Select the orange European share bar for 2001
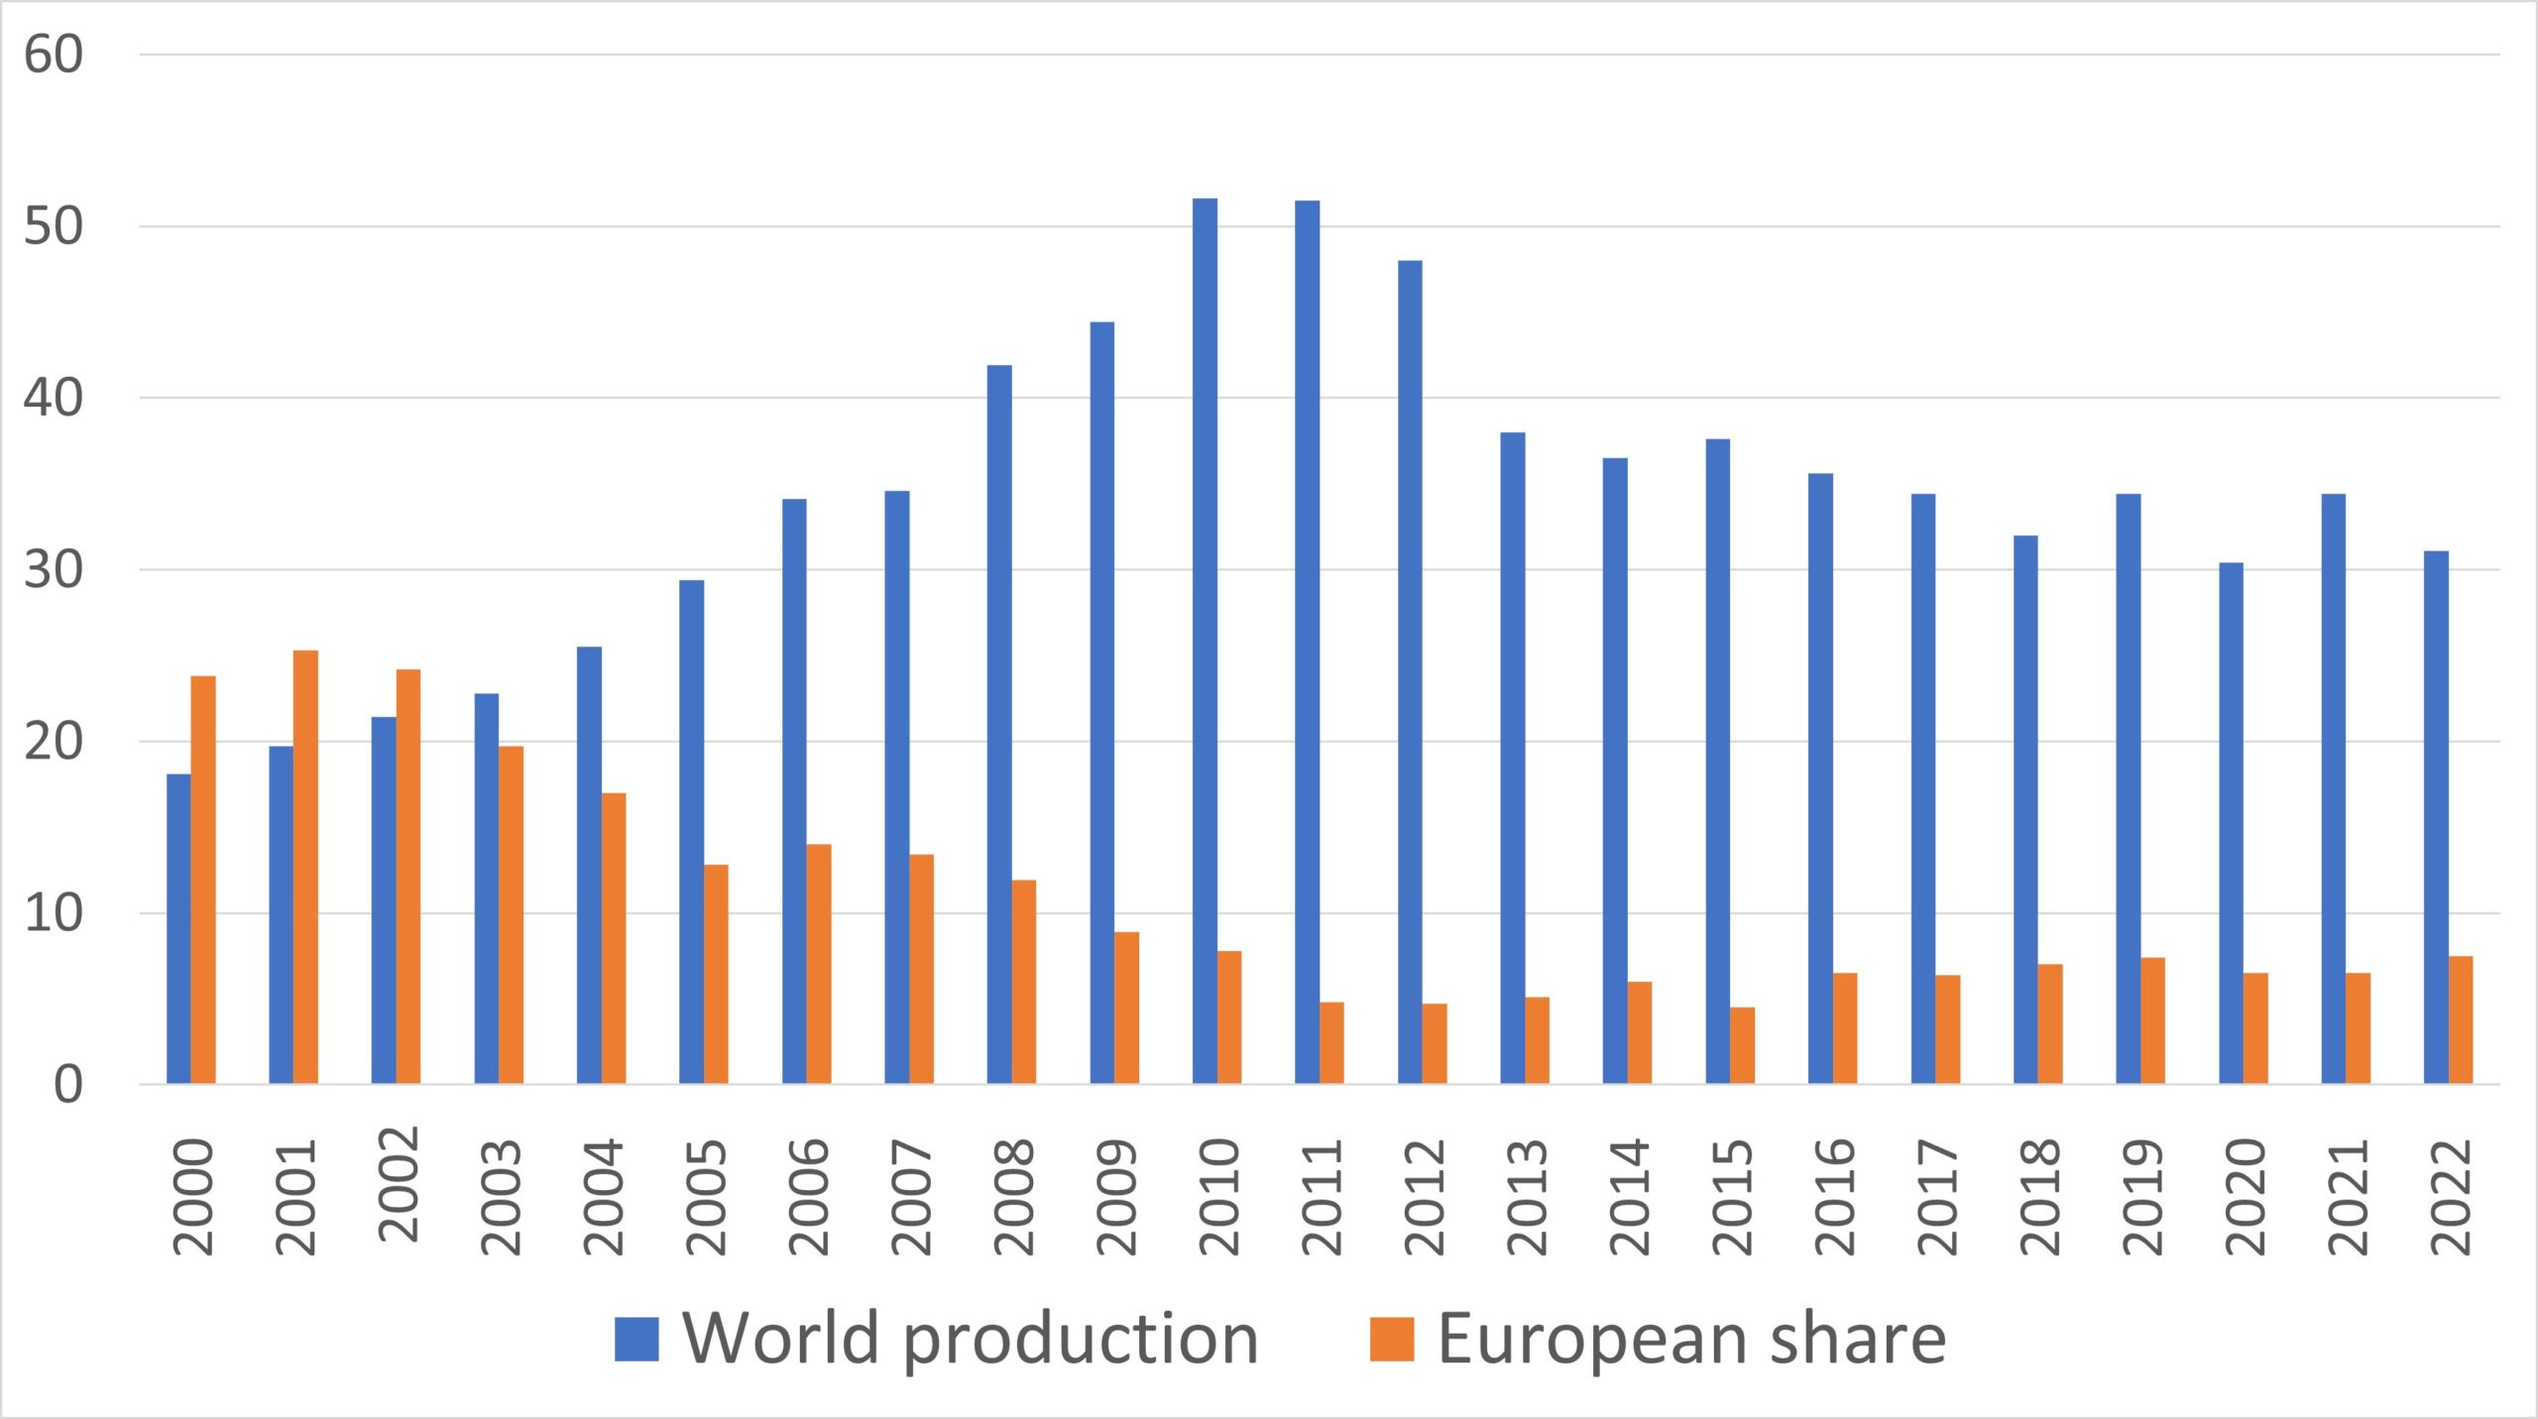click(x=305, y=867)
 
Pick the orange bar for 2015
click(x=1742, y=1045)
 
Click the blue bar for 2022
click(x=2436, y=817)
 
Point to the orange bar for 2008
click(x=1024, y=982)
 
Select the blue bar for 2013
click(x=1513, y=758)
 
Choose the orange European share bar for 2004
click(x=614, y=938)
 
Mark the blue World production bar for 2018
click(x=2025, y=809)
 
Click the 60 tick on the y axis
click(x=54, y=55)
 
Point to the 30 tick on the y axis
click(x=54, y=569)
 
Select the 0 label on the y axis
click(x=67, y=1085)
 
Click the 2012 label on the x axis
click(x=1425, y=1198)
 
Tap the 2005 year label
click(x=706, y=1198)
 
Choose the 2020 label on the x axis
click(x=2246, y=1198)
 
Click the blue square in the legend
click(x=636, y=1339)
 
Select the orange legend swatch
click(x=1392, y=1339)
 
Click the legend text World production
click(x=971, y=1339)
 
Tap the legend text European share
click(x=1692, y=1339)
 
